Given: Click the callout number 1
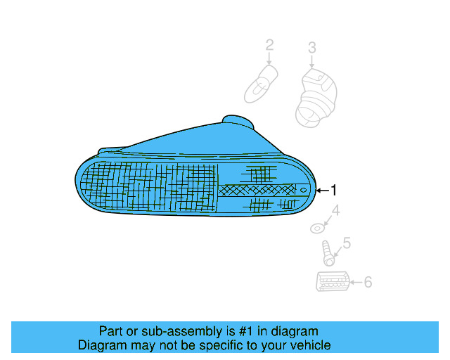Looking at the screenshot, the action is click(x=335, y=190).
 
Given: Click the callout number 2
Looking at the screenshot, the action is click(x=269, y=46).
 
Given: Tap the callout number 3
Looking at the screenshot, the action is click(x=311, y=48).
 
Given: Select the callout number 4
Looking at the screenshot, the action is click(x=335, y=210).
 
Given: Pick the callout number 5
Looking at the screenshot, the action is click(x=345, y=245).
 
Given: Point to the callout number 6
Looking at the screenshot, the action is click(x=367, y=283).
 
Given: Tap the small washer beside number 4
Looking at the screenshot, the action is click(x=318, y=228).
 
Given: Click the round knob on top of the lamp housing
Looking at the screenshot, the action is click(x=236, y=122).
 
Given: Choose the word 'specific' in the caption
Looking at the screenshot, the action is click(x=215, y=345).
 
